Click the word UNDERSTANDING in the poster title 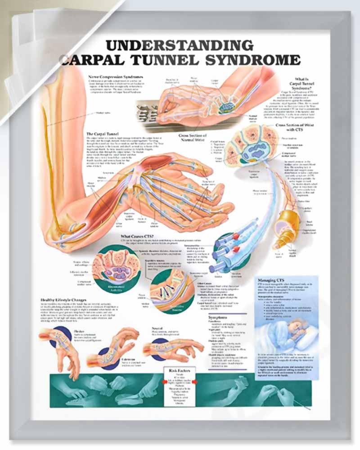tap(179, 45)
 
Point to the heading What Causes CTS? tap(137, 236)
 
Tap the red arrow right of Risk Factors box tap(194, 382)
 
